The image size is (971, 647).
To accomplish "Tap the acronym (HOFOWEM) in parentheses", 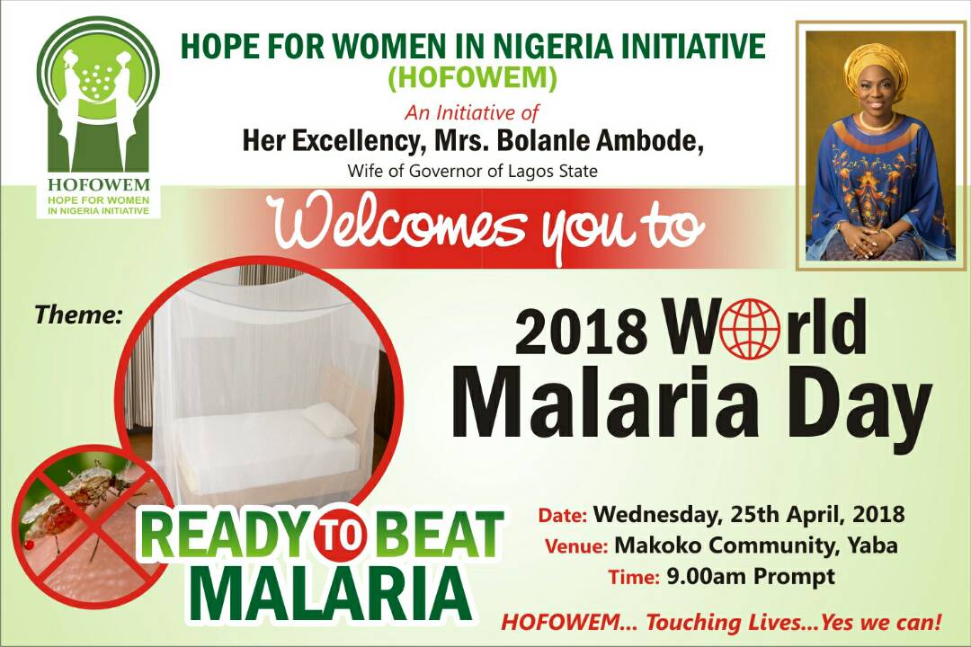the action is pos(472,78).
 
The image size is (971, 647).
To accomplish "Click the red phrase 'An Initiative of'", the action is pos(472,112).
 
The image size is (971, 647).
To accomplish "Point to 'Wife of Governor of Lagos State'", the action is pos(473,170).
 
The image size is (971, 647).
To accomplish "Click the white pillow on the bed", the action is pos(330,419).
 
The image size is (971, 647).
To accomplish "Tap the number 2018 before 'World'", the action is pos(580,332).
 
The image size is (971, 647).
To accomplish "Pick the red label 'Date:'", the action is pos(562,516).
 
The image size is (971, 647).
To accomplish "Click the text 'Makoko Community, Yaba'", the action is pos(756,545).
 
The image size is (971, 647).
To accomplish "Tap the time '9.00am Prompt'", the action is pos(751,577).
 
